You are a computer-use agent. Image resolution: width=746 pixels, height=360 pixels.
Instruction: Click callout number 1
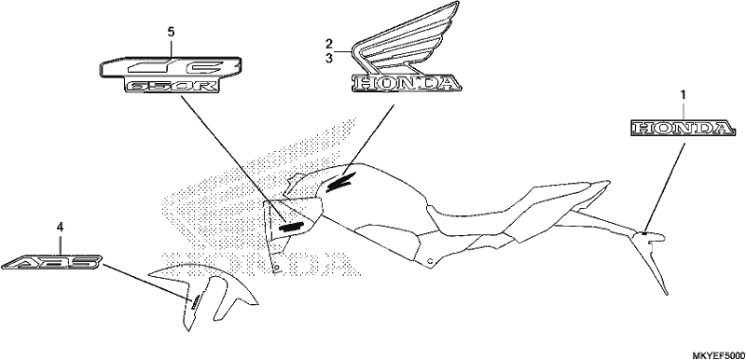tap(684, 95)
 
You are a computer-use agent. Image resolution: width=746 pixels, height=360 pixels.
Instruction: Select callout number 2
tap(329, 44)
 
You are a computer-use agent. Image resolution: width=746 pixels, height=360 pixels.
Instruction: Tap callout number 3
tap(329, 57)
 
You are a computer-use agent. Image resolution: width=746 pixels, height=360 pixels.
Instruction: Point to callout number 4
tap(60, 228)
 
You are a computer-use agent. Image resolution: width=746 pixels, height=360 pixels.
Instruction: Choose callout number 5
tap(171, 32)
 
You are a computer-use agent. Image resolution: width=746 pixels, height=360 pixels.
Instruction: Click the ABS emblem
tap(52, 262)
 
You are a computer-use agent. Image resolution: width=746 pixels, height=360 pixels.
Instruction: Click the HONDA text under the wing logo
tap(407, 84)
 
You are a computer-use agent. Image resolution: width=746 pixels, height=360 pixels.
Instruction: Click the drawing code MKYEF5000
tap(718, 355)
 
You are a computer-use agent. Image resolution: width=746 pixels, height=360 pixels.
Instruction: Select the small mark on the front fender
tap(195, 301)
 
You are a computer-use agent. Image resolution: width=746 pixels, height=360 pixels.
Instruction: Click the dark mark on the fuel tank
tap(338, 182)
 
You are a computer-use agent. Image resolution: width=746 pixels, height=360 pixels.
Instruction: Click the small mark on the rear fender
tap(643, 233)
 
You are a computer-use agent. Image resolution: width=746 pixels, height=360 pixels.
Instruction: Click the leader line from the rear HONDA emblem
tap(665, 186)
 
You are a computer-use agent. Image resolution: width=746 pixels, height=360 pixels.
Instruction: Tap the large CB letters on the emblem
tap(172, 66)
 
